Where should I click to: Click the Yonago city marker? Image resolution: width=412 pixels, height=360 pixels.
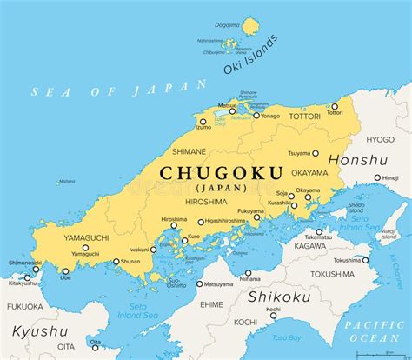click(x=257, y=115)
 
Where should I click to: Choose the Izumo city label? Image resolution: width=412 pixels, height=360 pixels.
click(x=203, y=127)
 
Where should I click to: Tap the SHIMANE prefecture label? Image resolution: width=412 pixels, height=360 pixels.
click(x=189, y=150)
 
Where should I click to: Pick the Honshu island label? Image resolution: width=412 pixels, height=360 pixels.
click(x=358, y=160)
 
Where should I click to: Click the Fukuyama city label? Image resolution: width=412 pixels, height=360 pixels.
click(x=252, y=210)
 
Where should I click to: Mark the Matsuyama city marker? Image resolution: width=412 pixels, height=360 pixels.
click(x=199, y=283)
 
